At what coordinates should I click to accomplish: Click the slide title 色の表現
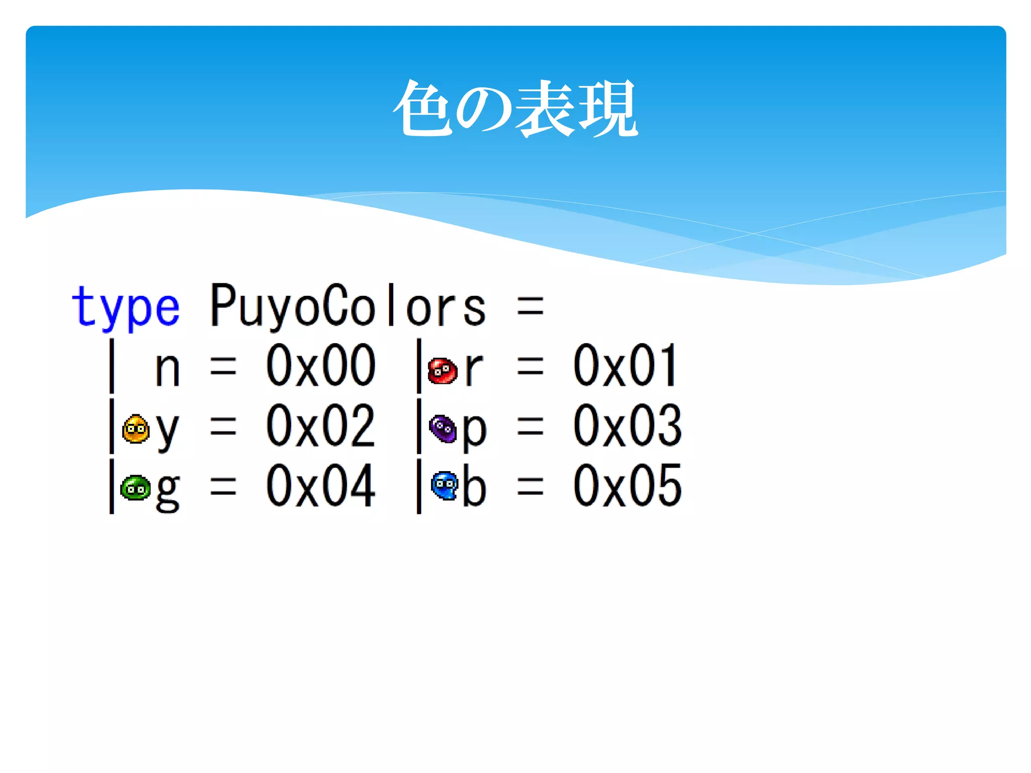coord(515,108)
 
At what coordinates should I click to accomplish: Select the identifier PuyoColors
coord(348,305)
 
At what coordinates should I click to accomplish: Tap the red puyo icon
coord(442,371)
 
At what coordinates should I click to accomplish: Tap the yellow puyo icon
coord(135,429)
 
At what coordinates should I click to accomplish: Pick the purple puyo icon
coord(443,429)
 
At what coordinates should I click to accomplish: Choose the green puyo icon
coord(135,488)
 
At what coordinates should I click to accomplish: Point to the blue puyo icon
coord(445,486)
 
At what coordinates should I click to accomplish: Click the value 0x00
coord(321,366)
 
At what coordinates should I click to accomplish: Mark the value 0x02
coord(321,426)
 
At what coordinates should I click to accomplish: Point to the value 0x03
coord(627,426)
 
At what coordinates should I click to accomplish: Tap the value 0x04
coord(321,486)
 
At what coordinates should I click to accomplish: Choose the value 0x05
coord(627,486)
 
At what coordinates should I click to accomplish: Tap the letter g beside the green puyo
coord(168,491)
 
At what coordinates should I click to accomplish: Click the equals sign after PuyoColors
coord(531,306)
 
